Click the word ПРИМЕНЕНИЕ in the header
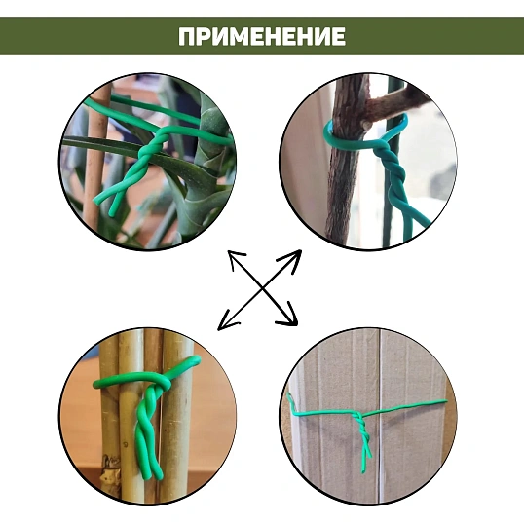pos(262,36)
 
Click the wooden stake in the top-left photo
pos(94,157)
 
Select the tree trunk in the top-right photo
pos(344,161)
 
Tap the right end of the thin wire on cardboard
pos(445,401)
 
